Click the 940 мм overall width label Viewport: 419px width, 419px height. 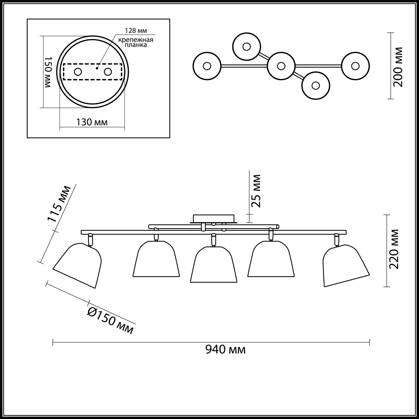point(225,350)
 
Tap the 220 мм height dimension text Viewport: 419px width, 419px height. point(394,249)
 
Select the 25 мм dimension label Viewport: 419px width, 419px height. point(256,191)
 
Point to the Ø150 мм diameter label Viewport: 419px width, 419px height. point(110,321)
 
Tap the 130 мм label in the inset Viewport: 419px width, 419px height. point(92,122)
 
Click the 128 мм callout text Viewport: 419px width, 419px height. point(136,30)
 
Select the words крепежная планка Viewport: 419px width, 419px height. point(136,42)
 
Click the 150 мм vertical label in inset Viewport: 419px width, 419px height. point(48,72)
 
